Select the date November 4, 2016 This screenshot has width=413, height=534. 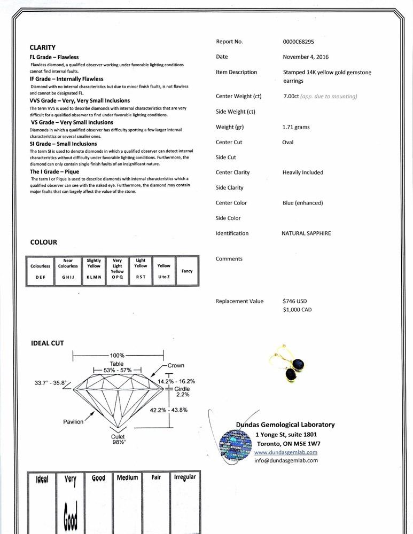(306, 57)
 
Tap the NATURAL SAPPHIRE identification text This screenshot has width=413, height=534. (306, 233)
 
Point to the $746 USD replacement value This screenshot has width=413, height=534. (295, 301)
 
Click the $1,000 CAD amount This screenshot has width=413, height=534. (297, 310)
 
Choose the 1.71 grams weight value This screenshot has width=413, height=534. (296, 127)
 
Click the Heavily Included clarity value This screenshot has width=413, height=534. (303, 172)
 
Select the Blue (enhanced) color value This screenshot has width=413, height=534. (302, 203)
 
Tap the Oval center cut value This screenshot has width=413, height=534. (288, 143)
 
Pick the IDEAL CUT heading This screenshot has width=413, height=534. (47, 343)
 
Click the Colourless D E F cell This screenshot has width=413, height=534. (41, 271)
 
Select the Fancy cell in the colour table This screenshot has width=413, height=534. (187, 271)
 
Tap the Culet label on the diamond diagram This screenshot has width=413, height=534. (118, 436)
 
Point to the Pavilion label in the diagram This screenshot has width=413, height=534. (73, 422)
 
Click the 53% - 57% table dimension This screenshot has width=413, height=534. (116, 370)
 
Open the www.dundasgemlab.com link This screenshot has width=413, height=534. (285, 452)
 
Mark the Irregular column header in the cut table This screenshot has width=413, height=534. (184, 477)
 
